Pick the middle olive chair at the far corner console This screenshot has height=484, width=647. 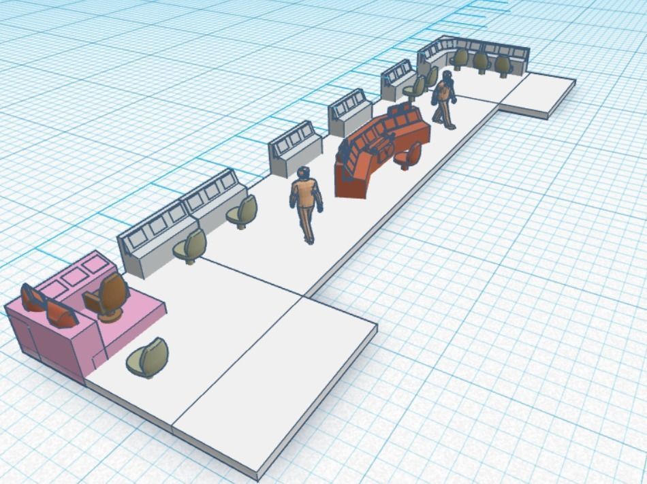481,62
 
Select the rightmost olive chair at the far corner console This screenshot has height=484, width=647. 503,65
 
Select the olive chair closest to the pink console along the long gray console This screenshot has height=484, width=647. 193,245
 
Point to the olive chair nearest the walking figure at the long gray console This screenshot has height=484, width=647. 244,210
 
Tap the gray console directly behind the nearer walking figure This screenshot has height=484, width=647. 294,149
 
